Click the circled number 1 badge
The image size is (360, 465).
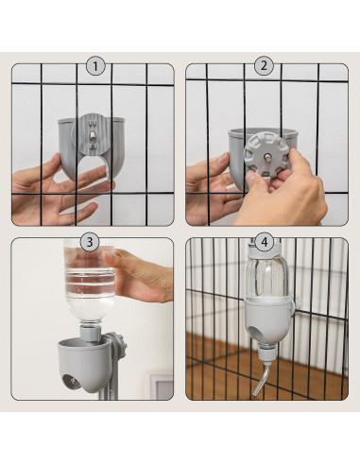[95, 67]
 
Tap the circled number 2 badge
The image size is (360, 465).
[264, 66]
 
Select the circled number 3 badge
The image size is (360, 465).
[90, 242]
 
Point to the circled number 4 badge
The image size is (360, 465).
[264, 242]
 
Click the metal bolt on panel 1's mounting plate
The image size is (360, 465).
[92, 135]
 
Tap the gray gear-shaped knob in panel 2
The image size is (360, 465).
[266, 156]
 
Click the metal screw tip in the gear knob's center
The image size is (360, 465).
[266, 156]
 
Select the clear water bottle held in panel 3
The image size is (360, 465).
[90, 281]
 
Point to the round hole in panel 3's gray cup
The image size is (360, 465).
[72, 382]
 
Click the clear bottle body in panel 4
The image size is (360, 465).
[267, 274]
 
